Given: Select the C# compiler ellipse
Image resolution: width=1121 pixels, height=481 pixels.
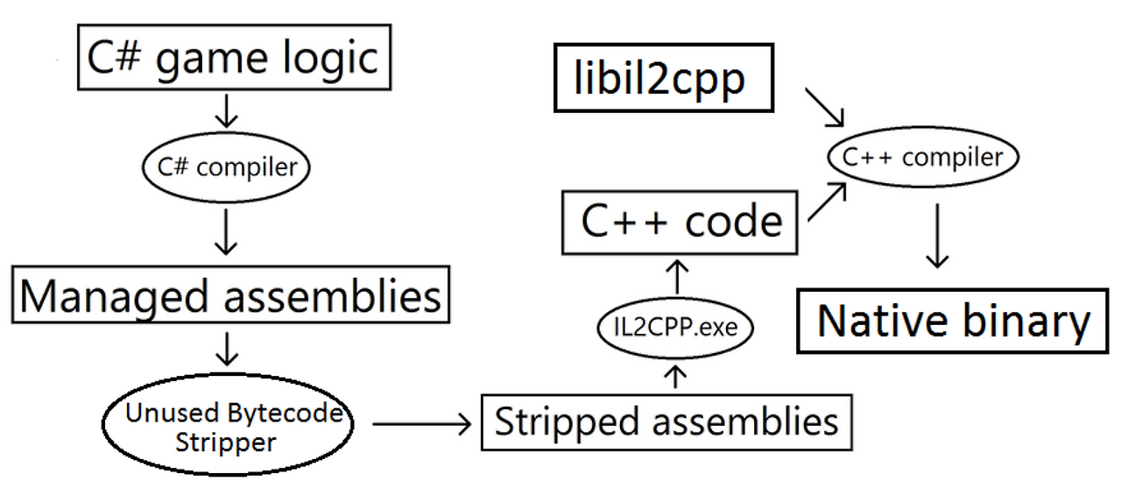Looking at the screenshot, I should coord(227,166).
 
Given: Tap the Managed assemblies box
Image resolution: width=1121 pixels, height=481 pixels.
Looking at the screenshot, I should coord(230,296).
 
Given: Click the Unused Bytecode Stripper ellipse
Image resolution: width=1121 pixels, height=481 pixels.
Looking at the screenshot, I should coord(227,427).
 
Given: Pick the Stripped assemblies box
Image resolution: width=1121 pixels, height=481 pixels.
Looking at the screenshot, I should coord(666,421).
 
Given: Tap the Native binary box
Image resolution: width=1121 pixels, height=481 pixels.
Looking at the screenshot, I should coord(954,322).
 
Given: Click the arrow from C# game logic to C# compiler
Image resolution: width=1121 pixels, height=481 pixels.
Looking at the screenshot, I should coord(227,112).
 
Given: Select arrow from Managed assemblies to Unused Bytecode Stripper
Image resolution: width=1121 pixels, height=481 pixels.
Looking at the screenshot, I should coord(227,348).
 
